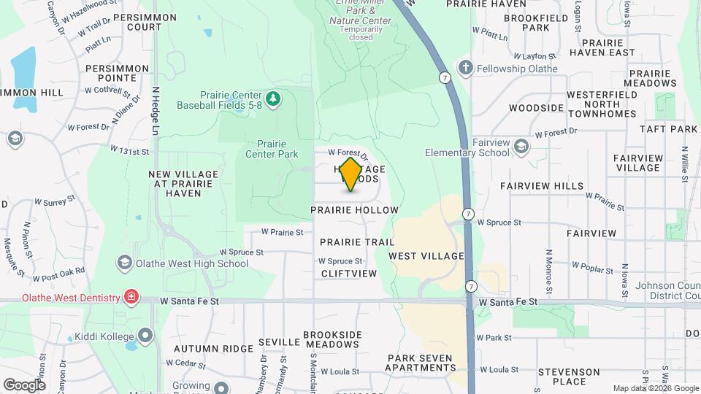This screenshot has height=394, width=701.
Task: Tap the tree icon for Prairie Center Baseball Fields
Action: [x=273, y=98]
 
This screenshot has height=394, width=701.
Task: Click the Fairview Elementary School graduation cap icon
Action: [x=521, y=147]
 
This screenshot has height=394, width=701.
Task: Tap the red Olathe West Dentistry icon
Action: [x=131, y=297]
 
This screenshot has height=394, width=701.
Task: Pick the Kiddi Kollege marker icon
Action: [x=145, y=336]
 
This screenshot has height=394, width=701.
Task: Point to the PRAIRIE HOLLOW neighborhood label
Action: [x=354, y=210]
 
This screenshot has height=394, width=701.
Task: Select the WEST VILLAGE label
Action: [x=426, y=256]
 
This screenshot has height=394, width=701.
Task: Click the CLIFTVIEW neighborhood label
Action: [x=349, y=274]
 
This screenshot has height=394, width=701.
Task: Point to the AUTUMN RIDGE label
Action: [x=207, y=349]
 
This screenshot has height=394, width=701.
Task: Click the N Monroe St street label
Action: [x=548, y=268]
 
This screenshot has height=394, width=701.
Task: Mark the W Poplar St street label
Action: [x=593, y=269]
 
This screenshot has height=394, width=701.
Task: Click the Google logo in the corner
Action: [x=24, y=385]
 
